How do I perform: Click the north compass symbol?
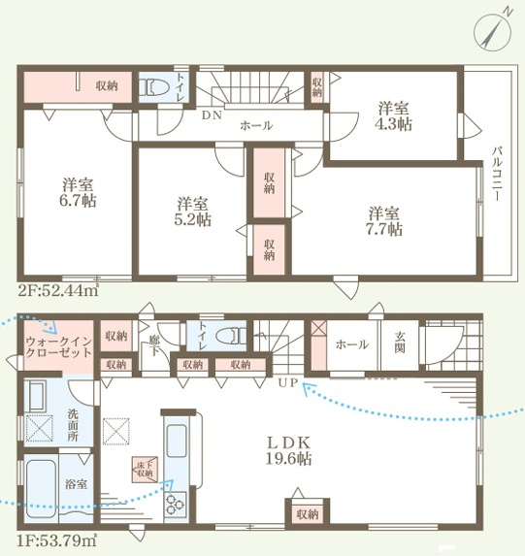[493, 31]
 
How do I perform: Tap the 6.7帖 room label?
[78, 193]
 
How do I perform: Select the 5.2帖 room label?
[192, 213]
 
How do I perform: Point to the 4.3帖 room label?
[393, 115]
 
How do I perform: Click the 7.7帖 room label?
[384, 221]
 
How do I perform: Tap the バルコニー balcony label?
[496, 174]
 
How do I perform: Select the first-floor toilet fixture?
[232, 336]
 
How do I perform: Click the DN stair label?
[212, 115]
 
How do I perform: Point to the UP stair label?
[287, 383]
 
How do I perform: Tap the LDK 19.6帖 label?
[289, 450]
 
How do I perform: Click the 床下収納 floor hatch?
[146, 470]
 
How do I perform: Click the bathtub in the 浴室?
[42, 489]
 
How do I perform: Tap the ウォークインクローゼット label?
[59, 347]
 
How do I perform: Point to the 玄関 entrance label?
[400, 343]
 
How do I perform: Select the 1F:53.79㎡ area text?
[56, 541]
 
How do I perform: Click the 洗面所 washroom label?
[73, 425]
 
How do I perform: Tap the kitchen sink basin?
[177, 441]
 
